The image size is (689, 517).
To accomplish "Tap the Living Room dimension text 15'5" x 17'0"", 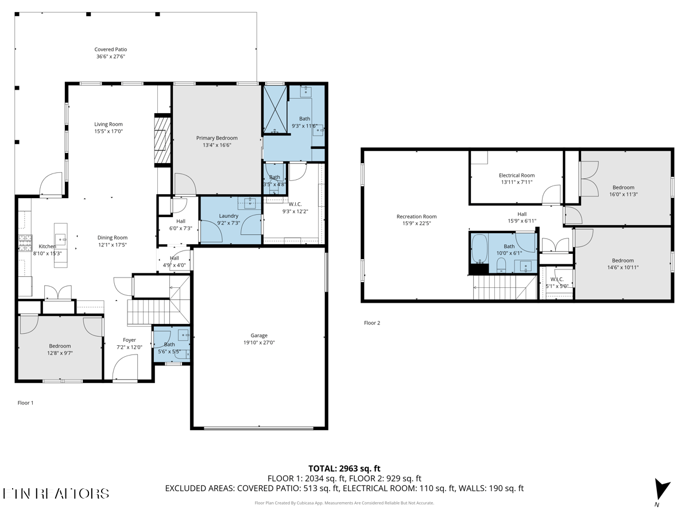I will tap(109, 132).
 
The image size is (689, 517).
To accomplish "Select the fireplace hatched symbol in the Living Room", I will tap(162, 139).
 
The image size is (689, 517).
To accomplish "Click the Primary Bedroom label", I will tap(216, 138).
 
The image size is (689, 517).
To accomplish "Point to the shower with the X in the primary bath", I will tap(274, 110).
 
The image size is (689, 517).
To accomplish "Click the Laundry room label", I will tap(228, 216).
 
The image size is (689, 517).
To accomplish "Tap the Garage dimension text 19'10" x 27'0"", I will tap(258, 343).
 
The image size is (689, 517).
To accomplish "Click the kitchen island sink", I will tap(61, 237).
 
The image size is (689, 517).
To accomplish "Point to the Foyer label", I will tap(129, 340).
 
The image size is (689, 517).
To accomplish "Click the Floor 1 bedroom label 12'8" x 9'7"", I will tap(60, 353).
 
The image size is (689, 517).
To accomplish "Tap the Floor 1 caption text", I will tap(25, 403).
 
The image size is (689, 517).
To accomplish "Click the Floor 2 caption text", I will tap(371, 323).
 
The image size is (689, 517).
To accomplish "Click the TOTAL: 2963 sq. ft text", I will tap(344, 468).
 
